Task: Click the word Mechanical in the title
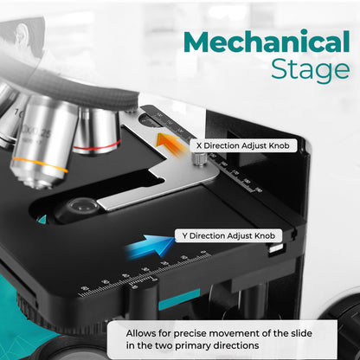click(x=267, y=42)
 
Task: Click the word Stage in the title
click(x=311, y=70)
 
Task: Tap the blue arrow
click(x=150, y=246)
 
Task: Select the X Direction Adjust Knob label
click(x=243, y=145)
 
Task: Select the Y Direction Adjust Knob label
click(x=228, y=236)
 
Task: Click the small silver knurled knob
click(x=200, y=158)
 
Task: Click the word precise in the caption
click(x=190, y=334)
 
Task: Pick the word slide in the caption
click(x=301, y=333)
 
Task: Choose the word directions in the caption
click(x=235, y=345)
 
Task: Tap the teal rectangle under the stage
click(x=179, y=299)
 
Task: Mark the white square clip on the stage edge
click(x=276, y=248)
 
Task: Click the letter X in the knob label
click(x=199, y=145)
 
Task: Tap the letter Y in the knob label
click(x=184, y=236)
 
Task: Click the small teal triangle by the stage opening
click(x=42, y=220)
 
